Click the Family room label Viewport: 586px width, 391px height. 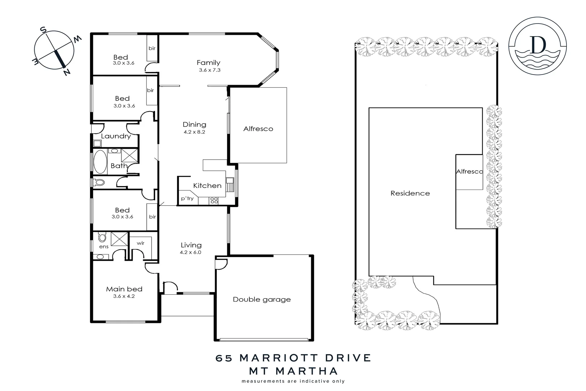point(208,63)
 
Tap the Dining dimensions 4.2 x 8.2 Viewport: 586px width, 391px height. point(194,132)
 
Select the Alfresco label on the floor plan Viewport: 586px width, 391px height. point(258,129)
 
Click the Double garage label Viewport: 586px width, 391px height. point(262,299)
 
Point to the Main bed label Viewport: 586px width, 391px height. point(124,289)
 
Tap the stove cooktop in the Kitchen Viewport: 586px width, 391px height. point(214,200)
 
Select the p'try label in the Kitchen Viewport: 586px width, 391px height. point(187,198)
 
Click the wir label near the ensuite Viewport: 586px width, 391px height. point(141,243)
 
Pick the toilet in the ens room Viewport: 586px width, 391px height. point(102,237)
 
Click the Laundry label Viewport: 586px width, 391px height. point(116,136)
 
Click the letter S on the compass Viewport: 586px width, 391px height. point(43,30)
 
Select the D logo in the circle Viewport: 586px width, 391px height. point(538,45)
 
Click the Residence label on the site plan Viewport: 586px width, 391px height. point(410,193)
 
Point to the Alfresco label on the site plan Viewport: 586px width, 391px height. point(469,172)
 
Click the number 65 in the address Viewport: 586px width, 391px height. point(224,358)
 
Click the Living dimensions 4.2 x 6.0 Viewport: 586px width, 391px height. point(191,252)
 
